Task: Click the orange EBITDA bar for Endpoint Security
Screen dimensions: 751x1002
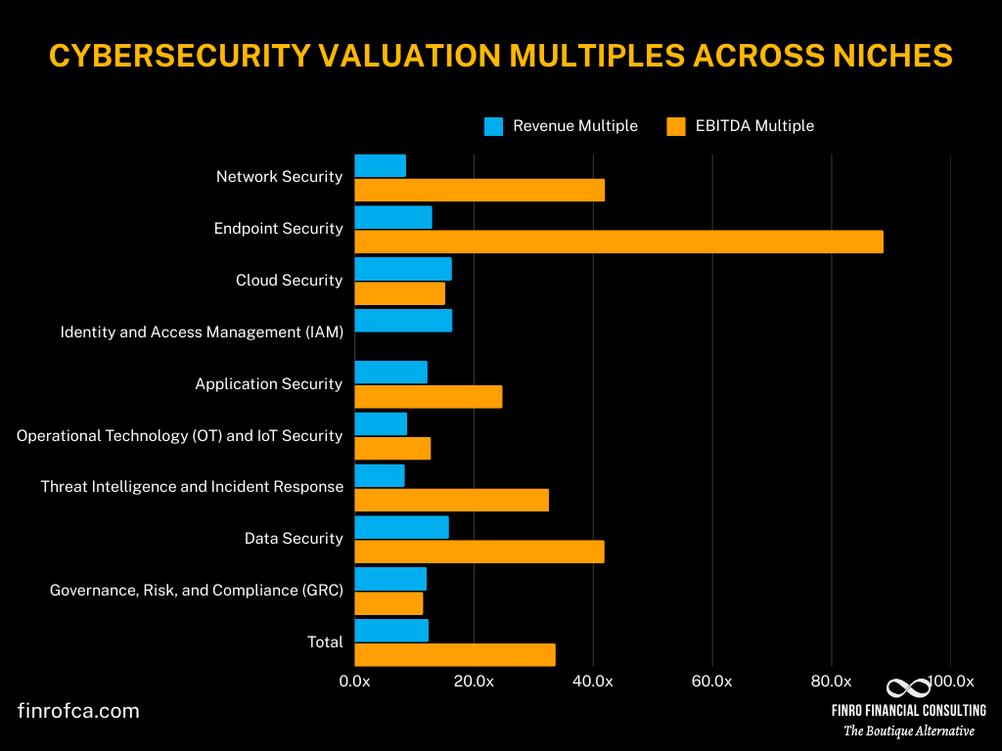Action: click(618, 242)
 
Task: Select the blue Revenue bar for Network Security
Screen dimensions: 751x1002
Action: click(380, 166)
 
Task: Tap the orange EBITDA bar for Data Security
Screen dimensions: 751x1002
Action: click(478, 552)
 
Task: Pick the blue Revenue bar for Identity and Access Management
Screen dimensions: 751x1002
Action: click(403, 321)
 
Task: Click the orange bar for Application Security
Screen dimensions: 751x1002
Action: click(428, 396)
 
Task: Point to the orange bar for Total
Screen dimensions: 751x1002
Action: click(454, 654)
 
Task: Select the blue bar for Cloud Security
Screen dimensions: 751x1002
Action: click(402, 269)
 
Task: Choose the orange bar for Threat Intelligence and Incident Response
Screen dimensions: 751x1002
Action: click(451, 500)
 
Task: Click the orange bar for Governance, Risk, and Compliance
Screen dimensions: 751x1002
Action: click(388, 603)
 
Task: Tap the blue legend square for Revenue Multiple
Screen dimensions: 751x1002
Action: click(493, 126)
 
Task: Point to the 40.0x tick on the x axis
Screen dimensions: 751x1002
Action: click(593, 682)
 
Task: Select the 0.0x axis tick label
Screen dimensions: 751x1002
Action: click(354, 682)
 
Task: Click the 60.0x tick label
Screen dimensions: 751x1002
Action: click(712, 682)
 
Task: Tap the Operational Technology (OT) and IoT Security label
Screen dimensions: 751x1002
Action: click(180, 435)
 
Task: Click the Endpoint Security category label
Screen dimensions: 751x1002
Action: click(278, 228)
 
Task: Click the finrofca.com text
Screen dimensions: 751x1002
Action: click(78, 711)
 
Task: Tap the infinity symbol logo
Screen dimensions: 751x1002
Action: click(908, 687)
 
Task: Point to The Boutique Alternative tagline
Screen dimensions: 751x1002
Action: click(908, 730)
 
